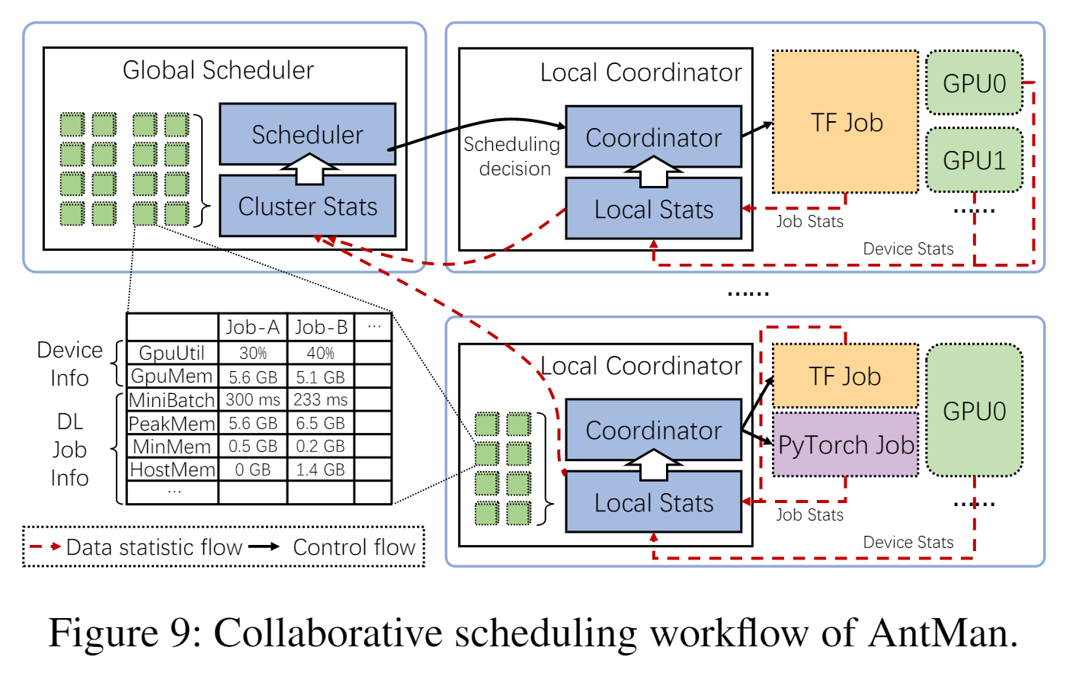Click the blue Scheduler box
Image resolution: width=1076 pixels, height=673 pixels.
[307, 134]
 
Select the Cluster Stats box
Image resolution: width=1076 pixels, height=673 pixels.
[307, 207]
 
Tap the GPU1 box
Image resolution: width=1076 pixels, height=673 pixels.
[974, 160]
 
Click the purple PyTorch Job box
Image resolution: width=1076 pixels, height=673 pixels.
[846, 445]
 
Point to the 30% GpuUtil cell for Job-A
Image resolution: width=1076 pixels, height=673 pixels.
[253, 353]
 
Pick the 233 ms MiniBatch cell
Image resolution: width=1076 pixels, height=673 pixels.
[320, 399]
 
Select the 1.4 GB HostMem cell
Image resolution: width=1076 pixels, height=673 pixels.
[320, 469]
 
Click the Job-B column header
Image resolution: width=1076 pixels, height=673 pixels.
[321, 327]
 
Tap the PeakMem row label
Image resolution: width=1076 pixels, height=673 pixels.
[172, 423]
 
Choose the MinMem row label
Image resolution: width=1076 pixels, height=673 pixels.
[172, 447]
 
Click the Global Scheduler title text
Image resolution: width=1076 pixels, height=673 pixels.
[218, 70]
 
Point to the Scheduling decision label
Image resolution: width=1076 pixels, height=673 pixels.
[512, 156]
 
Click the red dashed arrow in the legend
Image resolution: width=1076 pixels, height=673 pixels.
[46, 546]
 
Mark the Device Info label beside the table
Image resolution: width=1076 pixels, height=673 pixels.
[69, 364]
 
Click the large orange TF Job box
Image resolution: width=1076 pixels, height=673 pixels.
[846, 122]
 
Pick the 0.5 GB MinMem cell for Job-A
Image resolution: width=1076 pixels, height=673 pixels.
[253, 447]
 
